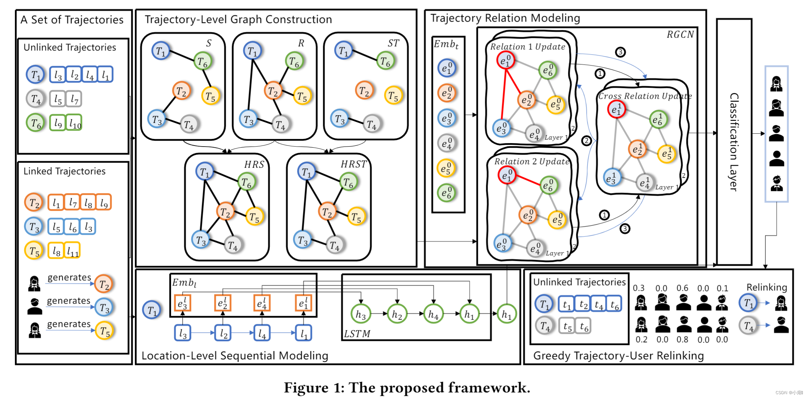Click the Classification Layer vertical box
tap(734, 142)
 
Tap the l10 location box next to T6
tap(74, 123)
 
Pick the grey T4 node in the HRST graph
tap(335, 245)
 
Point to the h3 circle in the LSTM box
tap(360, 314)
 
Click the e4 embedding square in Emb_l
tap(262, 303)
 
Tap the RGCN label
tap(680, 34)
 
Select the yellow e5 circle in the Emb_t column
tap(447, 168)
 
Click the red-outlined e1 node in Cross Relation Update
tap(616, 109)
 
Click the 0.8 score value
tap(682, 340)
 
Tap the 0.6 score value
tap(682, 288)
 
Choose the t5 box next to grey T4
tap(567, 326)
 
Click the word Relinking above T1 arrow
tap(767, 287)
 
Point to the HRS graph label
tap(254, 164)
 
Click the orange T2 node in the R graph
tap(273, 91)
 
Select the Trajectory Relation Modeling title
tap(505, 18)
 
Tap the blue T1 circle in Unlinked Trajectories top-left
tap(35, 75)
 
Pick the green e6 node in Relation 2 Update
tap(549, 185)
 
